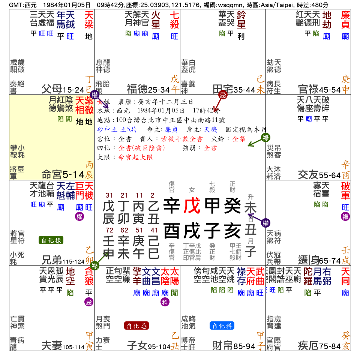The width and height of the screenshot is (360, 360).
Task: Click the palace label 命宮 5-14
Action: (x=63, y=175)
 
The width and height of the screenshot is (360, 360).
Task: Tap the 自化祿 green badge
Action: (x=51, y=240)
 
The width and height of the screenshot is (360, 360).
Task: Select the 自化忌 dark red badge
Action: (x=136, y=326)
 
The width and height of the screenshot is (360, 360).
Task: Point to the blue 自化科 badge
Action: (x=222, y=326)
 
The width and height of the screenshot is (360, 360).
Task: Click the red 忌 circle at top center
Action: (x=223, y=95)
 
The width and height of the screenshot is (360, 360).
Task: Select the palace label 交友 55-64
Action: (x=319, y=175)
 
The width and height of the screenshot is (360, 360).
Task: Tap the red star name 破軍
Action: (x=345, y=191)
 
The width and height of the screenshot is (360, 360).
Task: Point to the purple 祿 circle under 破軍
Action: (x=345, y=216)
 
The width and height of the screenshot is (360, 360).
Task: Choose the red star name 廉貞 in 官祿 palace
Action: (x=345, y=20)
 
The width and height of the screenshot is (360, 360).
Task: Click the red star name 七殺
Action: (x=174, y=20)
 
